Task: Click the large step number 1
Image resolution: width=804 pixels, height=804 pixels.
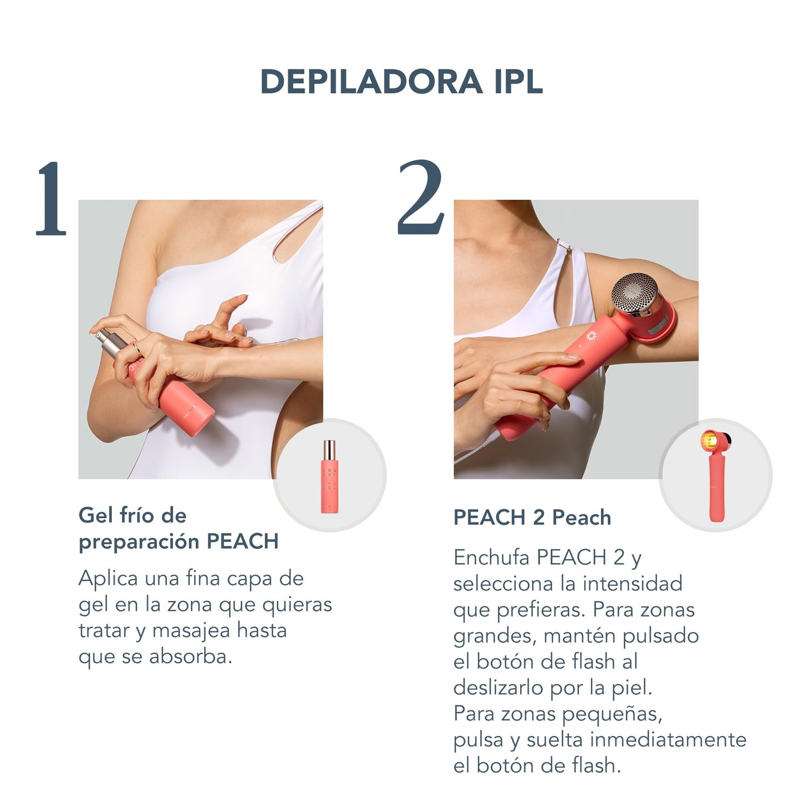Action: [x=51, y=199]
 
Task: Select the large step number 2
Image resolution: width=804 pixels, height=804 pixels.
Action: [x=421, y=197]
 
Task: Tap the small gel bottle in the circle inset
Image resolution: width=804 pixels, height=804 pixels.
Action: [x=329, y=476]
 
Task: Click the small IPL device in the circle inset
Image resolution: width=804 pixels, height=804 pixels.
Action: [x=716, y=475]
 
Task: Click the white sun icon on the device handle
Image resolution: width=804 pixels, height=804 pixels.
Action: [x=591, y=336]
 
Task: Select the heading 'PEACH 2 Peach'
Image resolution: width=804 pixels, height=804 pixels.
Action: [x=532, y=517]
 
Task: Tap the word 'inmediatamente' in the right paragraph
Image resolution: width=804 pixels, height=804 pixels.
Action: [x=668, y=740]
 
